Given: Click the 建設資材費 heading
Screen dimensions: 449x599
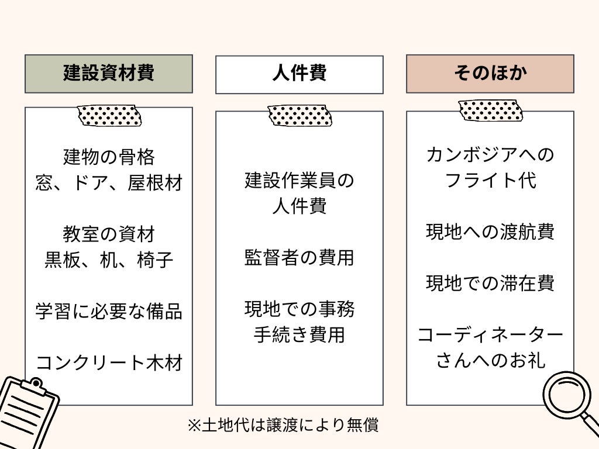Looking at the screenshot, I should click(109, 74).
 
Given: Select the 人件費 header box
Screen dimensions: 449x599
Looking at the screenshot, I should click(299, 74).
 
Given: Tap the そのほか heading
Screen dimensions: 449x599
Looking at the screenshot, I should click(490, 74).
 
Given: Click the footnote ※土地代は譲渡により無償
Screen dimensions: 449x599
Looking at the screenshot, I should click(283, 425).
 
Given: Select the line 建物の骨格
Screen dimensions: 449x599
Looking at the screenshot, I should click(109, 157).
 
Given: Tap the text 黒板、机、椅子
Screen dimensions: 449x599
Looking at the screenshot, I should click(109, 260).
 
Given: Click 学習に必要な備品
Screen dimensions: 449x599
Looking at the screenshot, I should click(109, 311).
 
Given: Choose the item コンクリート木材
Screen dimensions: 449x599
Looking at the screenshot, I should click(109, 362).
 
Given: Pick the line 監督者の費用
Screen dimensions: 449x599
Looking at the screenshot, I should click(299, 258).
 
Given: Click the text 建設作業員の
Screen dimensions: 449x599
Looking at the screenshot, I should click(299, 181).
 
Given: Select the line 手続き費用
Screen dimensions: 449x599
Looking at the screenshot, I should click(299, 335).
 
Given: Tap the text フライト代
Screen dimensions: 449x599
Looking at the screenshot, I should click(490, 181).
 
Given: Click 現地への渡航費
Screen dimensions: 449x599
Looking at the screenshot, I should click(490, 232).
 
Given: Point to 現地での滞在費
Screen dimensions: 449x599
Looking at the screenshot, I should click(490, 284).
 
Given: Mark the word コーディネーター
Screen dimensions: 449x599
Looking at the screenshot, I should click(490, 335).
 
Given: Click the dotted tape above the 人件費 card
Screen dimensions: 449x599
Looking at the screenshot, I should click(299, 116).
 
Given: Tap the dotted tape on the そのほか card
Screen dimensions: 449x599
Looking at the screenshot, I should click(490, 110).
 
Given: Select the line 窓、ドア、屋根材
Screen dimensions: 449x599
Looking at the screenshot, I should click(109, 183).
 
